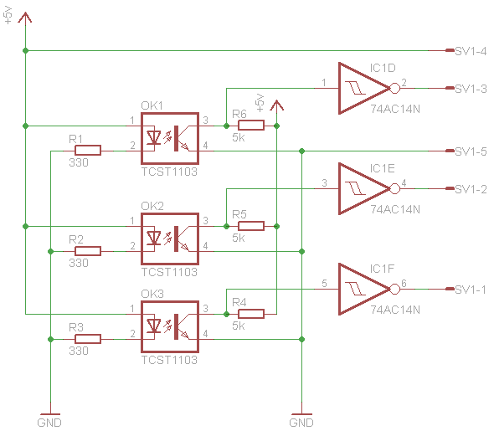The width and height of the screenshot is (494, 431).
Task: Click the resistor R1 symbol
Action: pos(88,151)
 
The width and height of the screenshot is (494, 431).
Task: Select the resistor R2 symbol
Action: pos(88,250)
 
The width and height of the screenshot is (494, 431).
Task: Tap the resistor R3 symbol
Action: pos(88,339)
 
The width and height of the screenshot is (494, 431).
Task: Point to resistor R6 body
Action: pos(252,126)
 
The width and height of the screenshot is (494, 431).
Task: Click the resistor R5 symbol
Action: pos(252,225)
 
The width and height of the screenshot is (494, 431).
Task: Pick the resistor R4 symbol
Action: pos(252,314)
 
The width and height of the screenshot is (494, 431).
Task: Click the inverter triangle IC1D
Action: pos(362,88)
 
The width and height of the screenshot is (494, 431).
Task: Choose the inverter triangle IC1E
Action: pos(362,188)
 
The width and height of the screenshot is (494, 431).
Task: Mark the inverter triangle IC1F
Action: pos(362,289)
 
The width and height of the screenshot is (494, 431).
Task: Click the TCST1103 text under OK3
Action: pos(169,360)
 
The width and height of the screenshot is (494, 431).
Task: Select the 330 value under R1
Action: pos(78,162)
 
